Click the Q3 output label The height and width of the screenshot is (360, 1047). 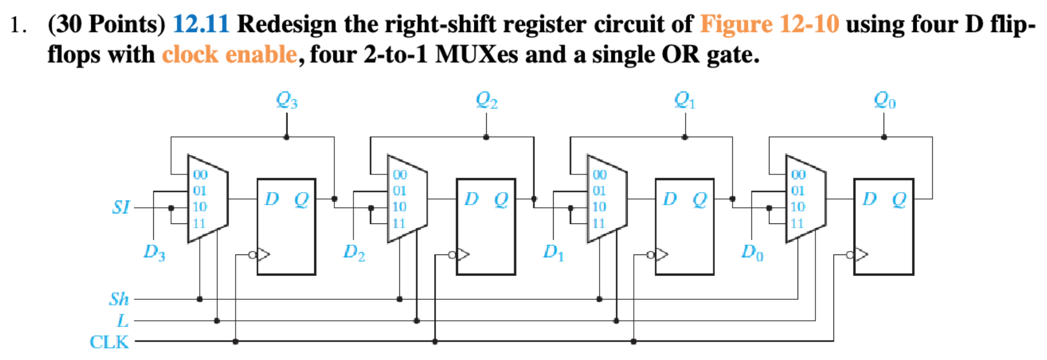coord(287,100)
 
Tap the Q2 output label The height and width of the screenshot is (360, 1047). coord(486,100)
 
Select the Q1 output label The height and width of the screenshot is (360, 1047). coord(684,100)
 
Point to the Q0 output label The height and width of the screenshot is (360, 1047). coord(884,100)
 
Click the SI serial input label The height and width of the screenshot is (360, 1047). coord(120,207)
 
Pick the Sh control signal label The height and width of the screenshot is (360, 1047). coord(119,299)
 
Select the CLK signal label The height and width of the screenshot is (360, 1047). coord(109,342)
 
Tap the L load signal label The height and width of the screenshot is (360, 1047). coord(123,320)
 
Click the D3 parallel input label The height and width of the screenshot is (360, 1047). coord(154,252)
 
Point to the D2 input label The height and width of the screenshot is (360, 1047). coord(354,252)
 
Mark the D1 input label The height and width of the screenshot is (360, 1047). coord(553,252)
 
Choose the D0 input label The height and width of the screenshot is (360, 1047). coord(752,252)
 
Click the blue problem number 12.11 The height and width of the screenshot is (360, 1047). coord(201,24)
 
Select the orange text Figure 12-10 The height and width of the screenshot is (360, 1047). coord(769,24)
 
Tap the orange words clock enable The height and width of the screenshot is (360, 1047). coord(229,54)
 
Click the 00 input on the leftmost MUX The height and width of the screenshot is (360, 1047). coord(200,175)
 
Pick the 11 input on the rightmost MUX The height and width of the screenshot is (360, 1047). coord(797,223)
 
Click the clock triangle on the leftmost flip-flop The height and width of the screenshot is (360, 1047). coord(264,254)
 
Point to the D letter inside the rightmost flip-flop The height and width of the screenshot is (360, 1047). coord(869,199)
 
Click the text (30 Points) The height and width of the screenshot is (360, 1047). coord(107,24)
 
